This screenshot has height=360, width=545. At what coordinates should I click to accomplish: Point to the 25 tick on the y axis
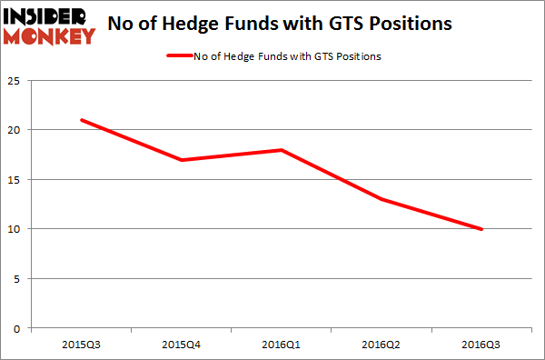click(15, 80)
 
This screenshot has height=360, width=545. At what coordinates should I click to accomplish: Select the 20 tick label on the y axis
click(15, 130)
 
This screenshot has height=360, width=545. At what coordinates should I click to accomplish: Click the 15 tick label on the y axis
click(15, 179)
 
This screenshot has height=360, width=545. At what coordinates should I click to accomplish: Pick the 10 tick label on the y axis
click(15, 229)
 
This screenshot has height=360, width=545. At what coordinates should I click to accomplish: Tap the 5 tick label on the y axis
click(19, 278)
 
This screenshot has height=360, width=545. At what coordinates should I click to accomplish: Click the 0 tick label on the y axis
click(19, 328)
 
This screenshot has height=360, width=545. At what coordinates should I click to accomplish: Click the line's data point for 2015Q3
click(81, 120)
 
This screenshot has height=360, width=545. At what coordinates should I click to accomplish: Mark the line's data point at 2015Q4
click(182, 160)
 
